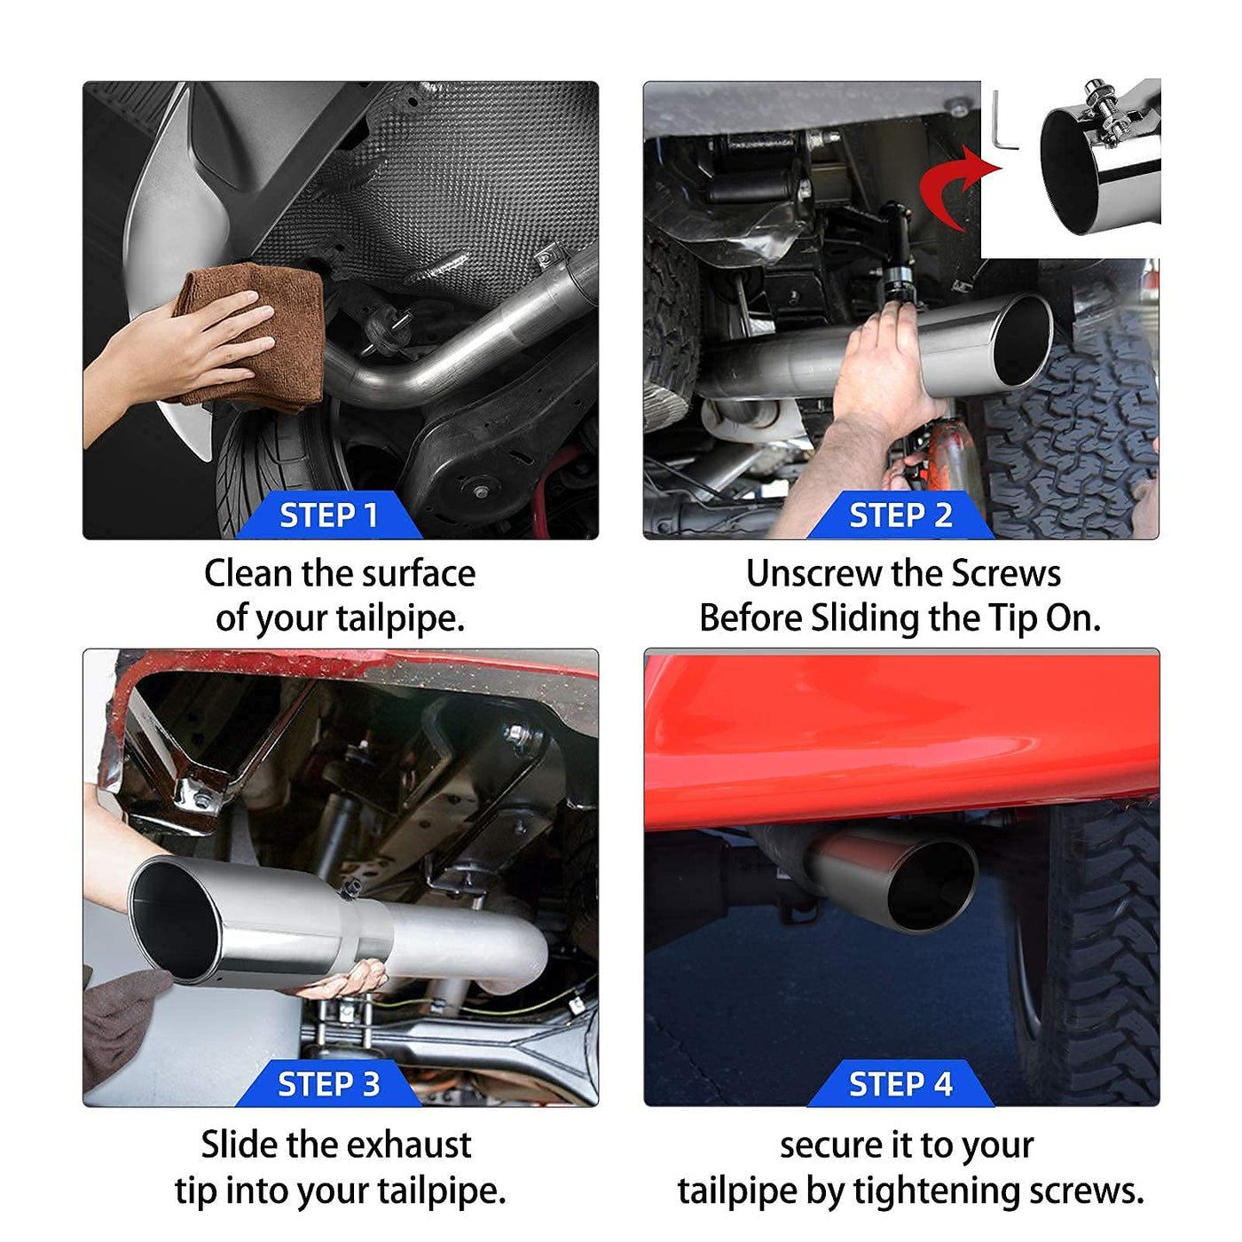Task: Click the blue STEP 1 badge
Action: (329, 515)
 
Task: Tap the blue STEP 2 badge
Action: (900, 515)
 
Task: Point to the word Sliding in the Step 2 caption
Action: (865, 619)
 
